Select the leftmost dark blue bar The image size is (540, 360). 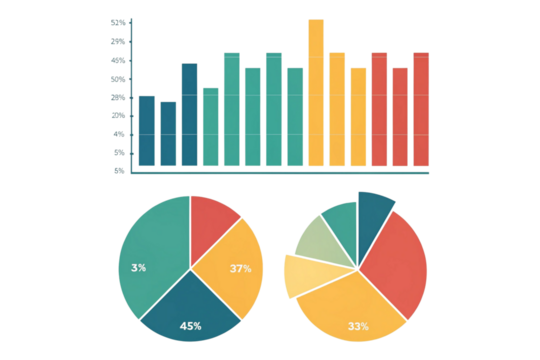(x=147, y=130)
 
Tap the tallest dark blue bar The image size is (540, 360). (x=189, y=114)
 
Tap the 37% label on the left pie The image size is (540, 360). (x=240, y=268)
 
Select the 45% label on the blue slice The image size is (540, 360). (x=190, y=325)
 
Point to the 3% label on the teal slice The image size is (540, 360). (x=139, y=267)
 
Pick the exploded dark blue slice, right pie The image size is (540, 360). (x=374, y=208)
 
